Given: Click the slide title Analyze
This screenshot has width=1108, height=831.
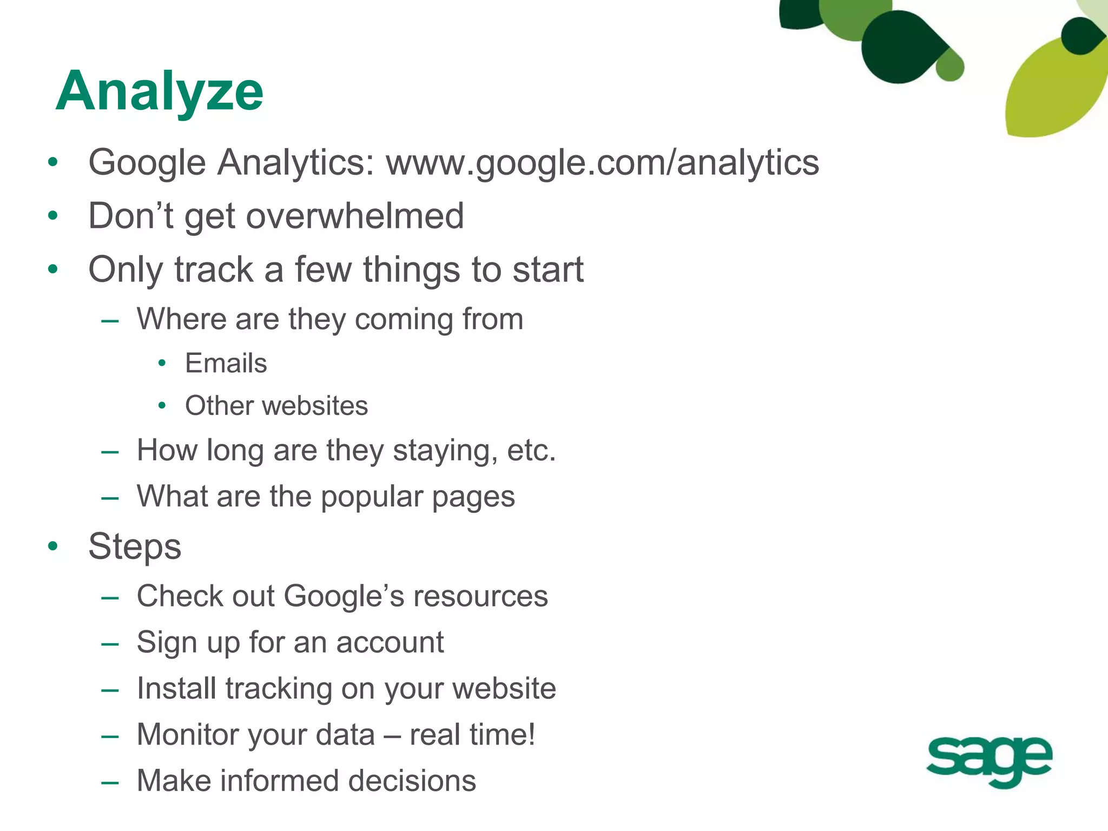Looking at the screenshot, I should tap(159, 92).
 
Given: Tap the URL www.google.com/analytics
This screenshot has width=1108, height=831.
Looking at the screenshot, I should tap(602, 162).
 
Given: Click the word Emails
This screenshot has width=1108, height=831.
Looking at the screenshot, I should tap(226, 363).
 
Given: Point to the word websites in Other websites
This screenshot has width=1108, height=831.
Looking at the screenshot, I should tap(314, 406).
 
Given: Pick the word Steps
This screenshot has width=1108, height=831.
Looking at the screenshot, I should tap(135, 546).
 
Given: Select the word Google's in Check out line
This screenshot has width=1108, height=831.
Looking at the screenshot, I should tap(344, 596).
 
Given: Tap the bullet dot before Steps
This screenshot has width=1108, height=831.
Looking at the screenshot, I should tap(52, 546).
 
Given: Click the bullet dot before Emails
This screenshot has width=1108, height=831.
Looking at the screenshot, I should tap(162, 364).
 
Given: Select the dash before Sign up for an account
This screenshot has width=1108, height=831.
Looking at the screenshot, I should tap(110, 643).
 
